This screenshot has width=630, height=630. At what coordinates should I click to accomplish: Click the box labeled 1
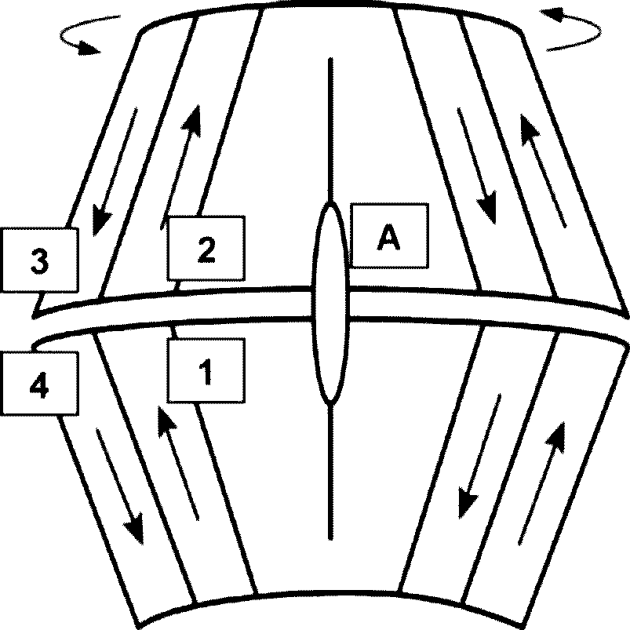206,370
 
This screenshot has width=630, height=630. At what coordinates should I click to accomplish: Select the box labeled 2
206,248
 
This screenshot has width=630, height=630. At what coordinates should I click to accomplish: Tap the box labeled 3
39,260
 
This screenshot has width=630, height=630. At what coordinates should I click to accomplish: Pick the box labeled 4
39,384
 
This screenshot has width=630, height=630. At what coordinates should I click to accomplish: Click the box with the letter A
389,236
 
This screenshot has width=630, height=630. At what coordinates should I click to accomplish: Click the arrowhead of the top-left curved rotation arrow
89,48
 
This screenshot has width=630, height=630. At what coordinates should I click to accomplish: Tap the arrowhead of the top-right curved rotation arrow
551,14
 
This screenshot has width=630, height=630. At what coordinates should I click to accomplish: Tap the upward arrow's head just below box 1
165,419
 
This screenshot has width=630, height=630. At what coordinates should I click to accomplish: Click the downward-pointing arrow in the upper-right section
477,166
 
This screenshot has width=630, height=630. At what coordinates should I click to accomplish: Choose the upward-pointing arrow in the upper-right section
543,171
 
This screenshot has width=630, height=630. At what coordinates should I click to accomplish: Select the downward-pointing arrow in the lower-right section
479,457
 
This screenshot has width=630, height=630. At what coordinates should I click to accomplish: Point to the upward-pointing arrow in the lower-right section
541,483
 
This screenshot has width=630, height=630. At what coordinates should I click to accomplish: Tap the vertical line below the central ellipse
330,471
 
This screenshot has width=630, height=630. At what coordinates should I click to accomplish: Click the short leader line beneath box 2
177,286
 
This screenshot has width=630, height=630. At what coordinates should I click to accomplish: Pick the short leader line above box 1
174,333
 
